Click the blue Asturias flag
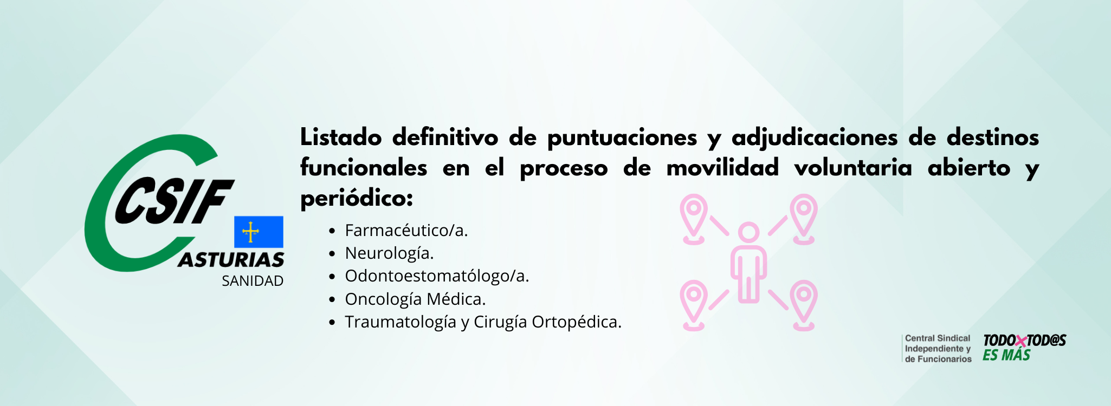pos(259,232)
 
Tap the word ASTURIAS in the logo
pos(231,260)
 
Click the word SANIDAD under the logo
pos(253,281)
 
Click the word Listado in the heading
pos(341,137)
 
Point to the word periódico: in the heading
pos(357,199)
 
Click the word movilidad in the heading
pos(722,167)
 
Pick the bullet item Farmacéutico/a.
pos(406,231)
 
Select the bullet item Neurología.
pos(390,253)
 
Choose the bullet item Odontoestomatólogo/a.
pos(437,276)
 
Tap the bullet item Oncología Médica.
pos(416,299)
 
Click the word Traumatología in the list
pos(401,322)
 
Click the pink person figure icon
pos(748,263)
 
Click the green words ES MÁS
pos(1006,355)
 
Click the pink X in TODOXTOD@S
pos(1021,341)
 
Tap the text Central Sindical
pos(938,338)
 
